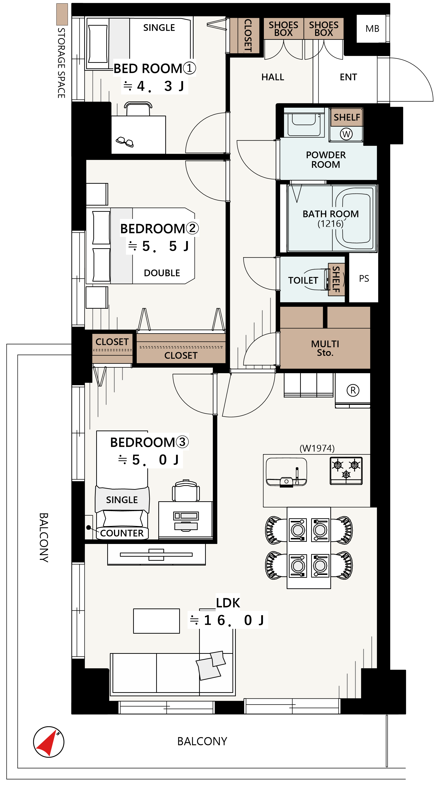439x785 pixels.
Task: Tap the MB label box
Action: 372,29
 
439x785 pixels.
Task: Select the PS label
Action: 364,278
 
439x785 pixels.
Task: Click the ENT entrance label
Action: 348,77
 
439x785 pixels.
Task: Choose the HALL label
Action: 273,77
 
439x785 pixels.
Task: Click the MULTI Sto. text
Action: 325,348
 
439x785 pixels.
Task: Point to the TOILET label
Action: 303,280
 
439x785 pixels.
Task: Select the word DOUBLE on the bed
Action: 162,273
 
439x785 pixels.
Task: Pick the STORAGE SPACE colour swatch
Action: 62,14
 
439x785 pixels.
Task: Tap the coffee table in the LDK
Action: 156,621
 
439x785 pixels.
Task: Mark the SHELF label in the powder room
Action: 347,117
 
